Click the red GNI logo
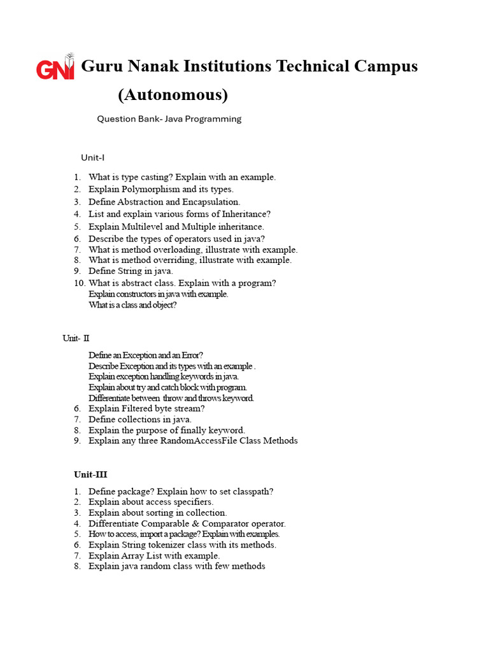pos(55,67)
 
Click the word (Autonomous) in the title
pos(173,95)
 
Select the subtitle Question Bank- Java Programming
pos(169,118)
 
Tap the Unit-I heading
pos(92,157)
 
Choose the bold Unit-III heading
pos(92,474)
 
